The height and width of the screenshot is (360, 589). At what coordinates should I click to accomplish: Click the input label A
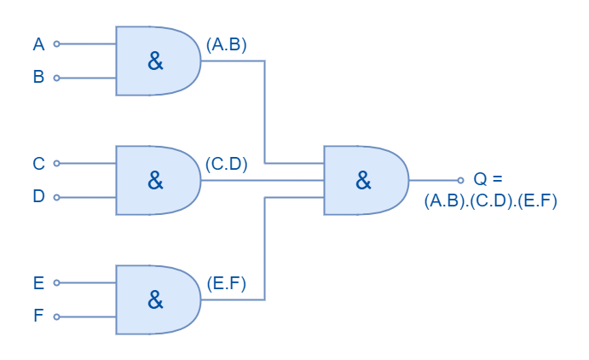(38, 44)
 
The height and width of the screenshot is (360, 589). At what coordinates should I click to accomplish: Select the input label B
(38, 77)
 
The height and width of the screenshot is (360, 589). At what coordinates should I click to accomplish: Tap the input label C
(38, 164)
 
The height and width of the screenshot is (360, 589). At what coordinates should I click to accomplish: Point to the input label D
(38, 196)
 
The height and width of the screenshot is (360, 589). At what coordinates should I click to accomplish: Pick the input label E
(38, 283)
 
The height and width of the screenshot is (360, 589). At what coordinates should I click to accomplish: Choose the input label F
(38, 316)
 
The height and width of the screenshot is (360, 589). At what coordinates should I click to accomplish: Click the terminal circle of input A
(57, 44)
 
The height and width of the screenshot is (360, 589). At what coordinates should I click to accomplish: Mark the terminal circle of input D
(57, 197)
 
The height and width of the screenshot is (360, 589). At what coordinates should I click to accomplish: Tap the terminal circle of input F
(57, 316)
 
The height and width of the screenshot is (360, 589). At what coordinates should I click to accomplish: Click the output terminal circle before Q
(461, 180)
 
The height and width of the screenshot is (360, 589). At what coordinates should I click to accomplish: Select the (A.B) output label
(227, 44)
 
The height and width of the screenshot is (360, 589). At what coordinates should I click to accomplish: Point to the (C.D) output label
(227, 164)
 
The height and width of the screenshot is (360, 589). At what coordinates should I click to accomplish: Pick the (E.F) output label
(227, 283)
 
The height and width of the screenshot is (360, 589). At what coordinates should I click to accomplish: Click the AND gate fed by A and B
(159, 61)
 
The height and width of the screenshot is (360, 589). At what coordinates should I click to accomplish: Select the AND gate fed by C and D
(159, 180)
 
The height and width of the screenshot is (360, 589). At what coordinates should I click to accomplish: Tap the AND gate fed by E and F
(159, 300)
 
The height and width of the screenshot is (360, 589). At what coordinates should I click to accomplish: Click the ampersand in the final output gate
(363, 180)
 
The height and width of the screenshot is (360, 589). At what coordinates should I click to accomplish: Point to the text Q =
(488, 178)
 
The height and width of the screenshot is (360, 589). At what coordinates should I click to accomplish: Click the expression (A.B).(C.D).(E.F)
(491, 201)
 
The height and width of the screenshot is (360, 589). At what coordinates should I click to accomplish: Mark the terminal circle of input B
(57, 78)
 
